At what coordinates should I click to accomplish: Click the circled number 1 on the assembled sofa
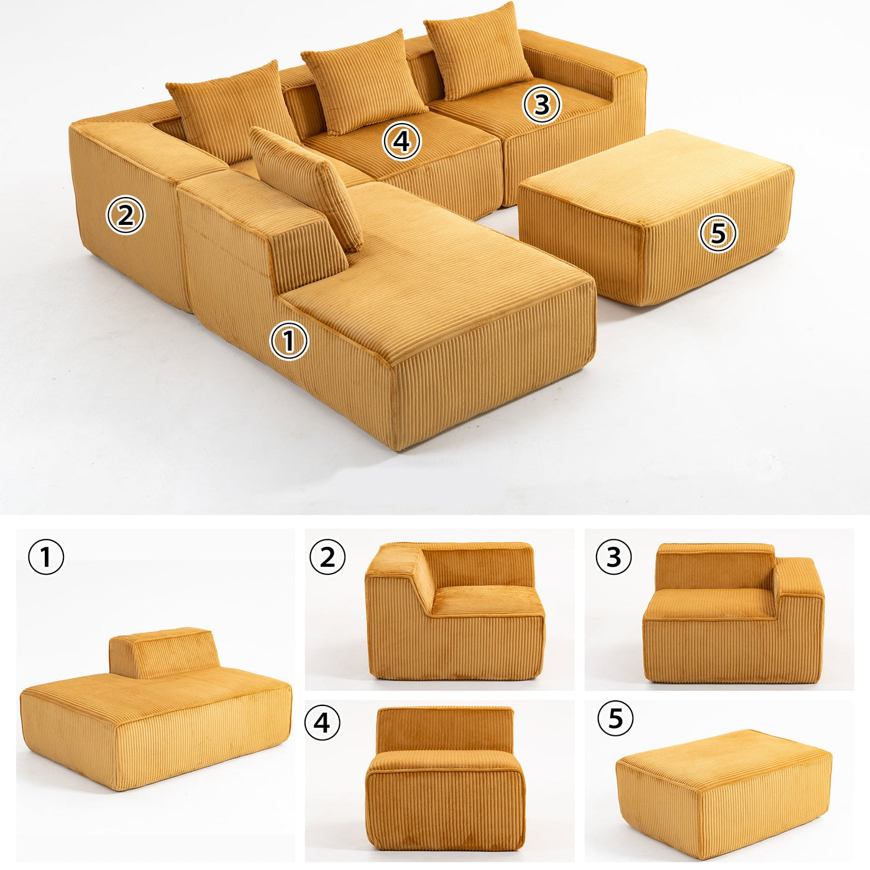coord(289,341)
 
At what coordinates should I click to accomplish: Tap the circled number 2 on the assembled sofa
coord(126,215)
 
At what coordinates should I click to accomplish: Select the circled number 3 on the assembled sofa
coord(542,104)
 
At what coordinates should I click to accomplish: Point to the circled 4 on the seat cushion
coord(401,141)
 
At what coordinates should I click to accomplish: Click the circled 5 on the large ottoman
coord(718,233)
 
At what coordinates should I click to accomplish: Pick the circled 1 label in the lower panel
coord(46,557)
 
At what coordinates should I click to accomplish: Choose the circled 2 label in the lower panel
coord(327,556)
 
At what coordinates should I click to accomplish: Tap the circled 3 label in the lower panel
coord(613,556)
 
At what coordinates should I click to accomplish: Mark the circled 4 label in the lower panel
coord(323,722)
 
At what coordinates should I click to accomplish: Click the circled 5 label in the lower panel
coord(615,717)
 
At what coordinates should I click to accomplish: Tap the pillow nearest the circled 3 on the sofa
coord(478,52)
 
